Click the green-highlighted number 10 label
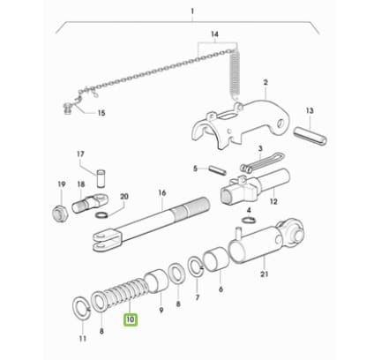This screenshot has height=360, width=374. point(131,319)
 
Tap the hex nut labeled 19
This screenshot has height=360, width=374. point(60,212)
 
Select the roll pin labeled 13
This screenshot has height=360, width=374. point(310,135)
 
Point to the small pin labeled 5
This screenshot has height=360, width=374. point(217,170)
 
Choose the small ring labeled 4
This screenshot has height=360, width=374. point(249,220)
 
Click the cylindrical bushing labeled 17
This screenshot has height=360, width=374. point(101,177)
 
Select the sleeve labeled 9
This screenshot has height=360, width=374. point(156,280)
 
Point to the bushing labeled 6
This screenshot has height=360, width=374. point(216,259)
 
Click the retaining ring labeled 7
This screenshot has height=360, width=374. point(196,266)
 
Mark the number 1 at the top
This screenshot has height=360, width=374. point(192,11)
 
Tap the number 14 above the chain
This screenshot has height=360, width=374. point(214,34)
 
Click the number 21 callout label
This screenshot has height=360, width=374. point(265,274)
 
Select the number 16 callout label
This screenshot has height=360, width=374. point(162,192)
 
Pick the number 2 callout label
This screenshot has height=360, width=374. point(266,82)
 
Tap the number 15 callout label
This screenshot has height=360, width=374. point(101,113)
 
